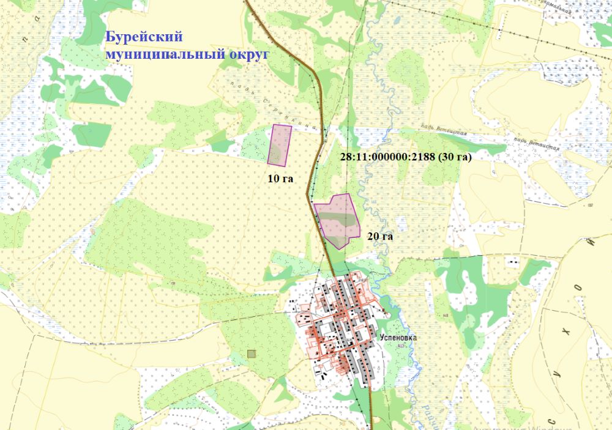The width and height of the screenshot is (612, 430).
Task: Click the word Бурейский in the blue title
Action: [145, 37]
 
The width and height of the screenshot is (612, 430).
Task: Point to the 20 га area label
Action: [380, 235]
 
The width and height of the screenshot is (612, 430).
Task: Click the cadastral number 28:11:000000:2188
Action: [388, 157]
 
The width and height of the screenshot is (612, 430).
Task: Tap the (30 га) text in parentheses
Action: [455, 157]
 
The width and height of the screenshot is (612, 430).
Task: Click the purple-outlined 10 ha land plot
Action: [280, 145]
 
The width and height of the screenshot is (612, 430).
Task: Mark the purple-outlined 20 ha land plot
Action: [337, 219]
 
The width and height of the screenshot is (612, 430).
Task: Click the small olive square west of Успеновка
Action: [251, 354]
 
